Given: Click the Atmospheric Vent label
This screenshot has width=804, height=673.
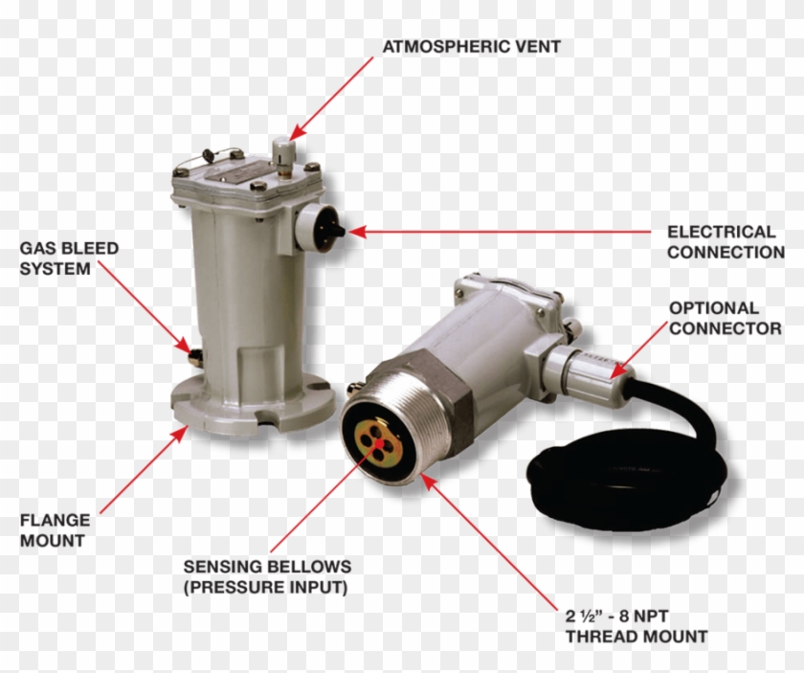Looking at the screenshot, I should (471, 45).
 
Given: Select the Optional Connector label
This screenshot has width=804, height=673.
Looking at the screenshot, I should (724, 318).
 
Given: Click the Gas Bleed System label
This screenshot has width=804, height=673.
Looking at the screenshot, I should (69, 258).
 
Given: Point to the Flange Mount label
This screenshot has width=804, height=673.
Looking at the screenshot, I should (55, 530).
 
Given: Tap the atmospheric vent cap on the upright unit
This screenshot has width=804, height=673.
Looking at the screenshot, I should (281, 149).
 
